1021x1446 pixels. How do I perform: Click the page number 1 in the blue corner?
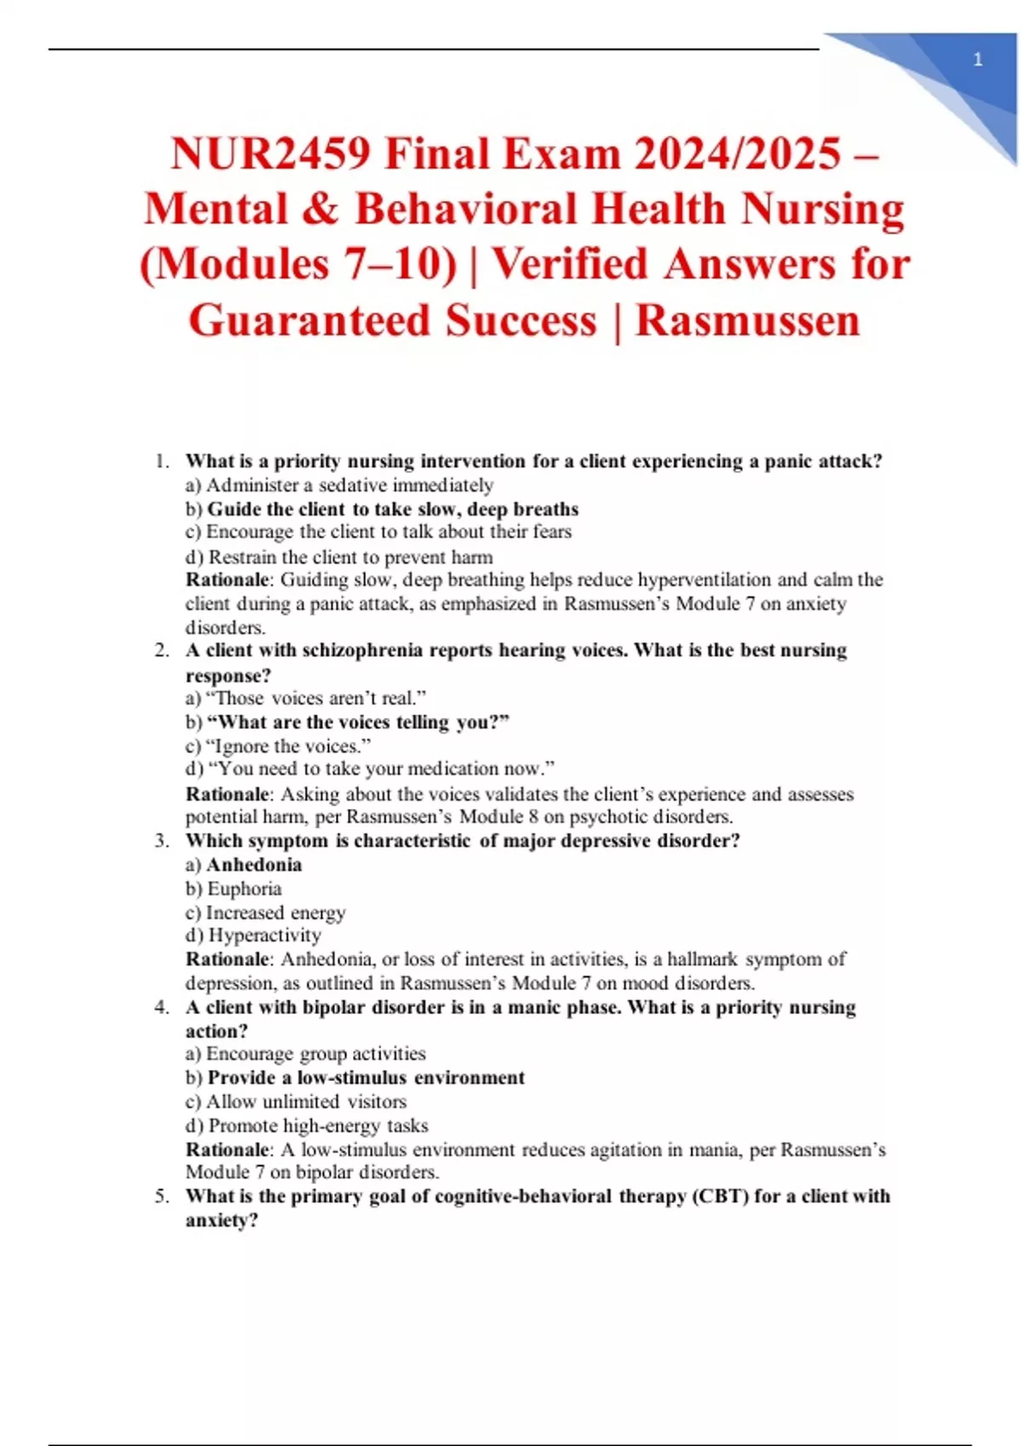978,60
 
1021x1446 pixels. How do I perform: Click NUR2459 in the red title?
270,154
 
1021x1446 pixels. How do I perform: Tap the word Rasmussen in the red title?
748,321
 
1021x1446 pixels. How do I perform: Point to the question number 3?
162,840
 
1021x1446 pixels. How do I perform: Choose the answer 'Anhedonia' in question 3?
254,864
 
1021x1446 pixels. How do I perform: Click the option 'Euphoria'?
243,888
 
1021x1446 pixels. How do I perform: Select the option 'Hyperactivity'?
264,935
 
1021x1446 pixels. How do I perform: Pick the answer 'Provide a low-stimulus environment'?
366,1078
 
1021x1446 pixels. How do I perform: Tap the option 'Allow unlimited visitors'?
305,1102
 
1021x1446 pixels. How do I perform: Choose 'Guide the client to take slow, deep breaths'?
392,509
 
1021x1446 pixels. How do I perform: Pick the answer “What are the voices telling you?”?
357,722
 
